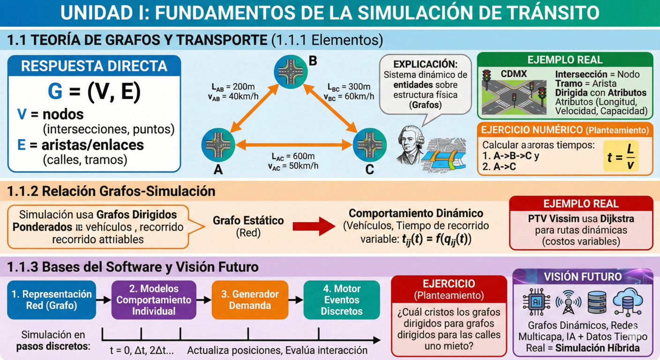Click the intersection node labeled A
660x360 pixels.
[218, 145]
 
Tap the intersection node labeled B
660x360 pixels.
[291, 72]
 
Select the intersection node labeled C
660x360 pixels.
[370, 145]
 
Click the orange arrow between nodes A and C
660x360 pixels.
[294, 145]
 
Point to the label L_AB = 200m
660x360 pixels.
[233, 87]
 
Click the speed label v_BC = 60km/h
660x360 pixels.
[349, 97]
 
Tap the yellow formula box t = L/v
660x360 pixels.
[621, 156]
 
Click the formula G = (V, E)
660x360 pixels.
[94, 91]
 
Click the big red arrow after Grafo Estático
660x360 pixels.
[314, 226]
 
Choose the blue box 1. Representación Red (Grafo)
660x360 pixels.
[52, 300]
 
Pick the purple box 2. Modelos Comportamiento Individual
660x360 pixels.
[154, 300]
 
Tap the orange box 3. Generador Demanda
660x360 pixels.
[250, 300]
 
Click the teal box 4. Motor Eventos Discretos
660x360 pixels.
[342, 300]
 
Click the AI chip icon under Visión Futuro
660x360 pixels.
[536, 302]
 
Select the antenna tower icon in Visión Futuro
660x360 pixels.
[569, 302]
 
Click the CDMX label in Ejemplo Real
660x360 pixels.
[514, 74]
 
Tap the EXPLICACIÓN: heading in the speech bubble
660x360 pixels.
[426, 64]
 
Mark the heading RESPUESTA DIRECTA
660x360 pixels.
[94, 66]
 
